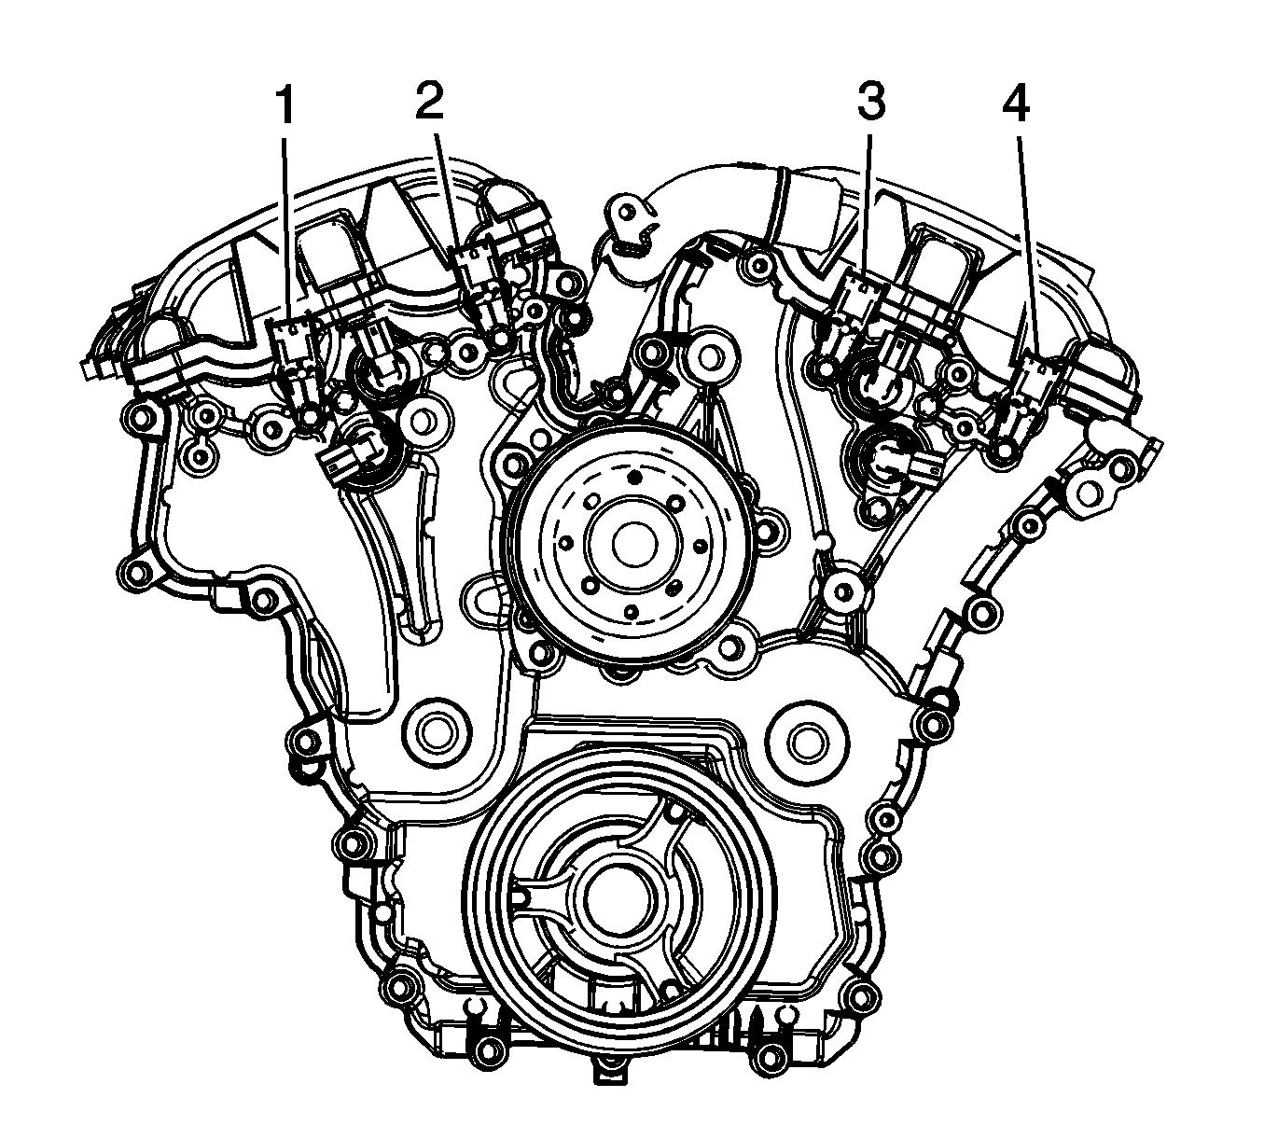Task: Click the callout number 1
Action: pyautogui.click(x=285, y=106)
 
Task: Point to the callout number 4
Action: pyautogui.click(x=1016, y=104)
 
